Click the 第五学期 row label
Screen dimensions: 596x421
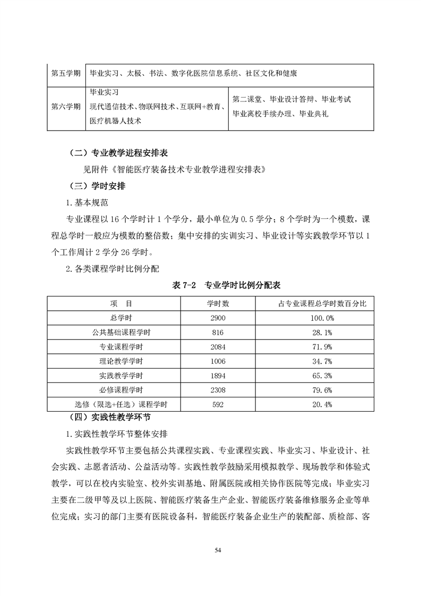tap(66, 72)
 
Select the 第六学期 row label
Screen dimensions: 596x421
tap(66, 106)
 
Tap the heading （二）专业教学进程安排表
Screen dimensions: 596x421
tap(118, 152)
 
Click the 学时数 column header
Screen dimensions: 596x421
tap(218, 303)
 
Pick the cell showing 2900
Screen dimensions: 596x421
tap(218, 318)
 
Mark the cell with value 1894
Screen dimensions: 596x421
tap(218, 376)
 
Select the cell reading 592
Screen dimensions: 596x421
tap(218, 405)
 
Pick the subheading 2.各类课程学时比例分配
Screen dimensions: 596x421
tap(113, 268)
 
